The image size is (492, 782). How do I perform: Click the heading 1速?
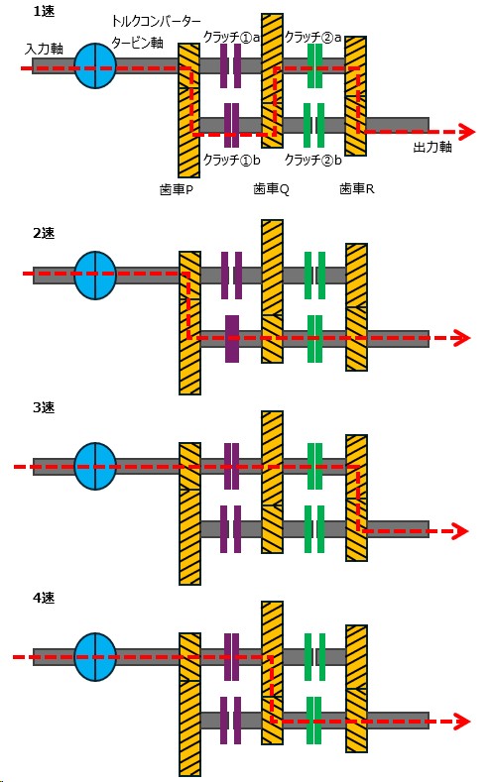tap(43, 11)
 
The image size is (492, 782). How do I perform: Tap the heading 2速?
tap(44, 233)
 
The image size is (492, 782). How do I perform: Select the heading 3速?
tap(44, 407)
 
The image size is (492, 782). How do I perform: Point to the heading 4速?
tap(44, 598)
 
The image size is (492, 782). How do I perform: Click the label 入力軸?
tap(44, 49)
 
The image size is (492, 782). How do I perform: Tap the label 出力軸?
tap(432, 147)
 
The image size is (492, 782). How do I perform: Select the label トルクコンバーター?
tap(156, 22)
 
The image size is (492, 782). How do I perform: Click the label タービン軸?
tap(138, 43)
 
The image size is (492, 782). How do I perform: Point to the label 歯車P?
tap(177, 189)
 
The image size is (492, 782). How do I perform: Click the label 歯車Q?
tap(271, 189)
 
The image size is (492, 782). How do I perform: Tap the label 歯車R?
tap(357, 188)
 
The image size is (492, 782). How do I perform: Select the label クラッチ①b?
tap(231, 160)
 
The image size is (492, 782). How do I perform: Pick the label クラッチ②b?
tap(312, 160)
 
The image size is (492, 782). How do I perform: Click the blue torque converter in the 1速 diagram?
tap(95, 65)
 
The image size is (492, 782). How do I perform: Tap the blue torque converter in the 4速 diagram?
tap(95, 657)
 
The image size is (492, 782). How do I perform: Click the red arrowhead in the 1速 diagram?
tap(467, 132)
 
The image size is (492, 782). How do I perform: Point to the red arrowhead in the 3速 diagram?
tap(460, 530)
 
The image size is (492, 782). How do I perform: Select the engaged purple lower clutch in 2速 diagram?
tap(232, 338)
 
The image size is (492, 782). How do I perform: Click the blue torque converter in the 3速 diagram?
tap(95, 466)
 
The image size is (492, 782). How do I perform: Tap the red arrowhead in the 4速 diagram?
tap(462, 722)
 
